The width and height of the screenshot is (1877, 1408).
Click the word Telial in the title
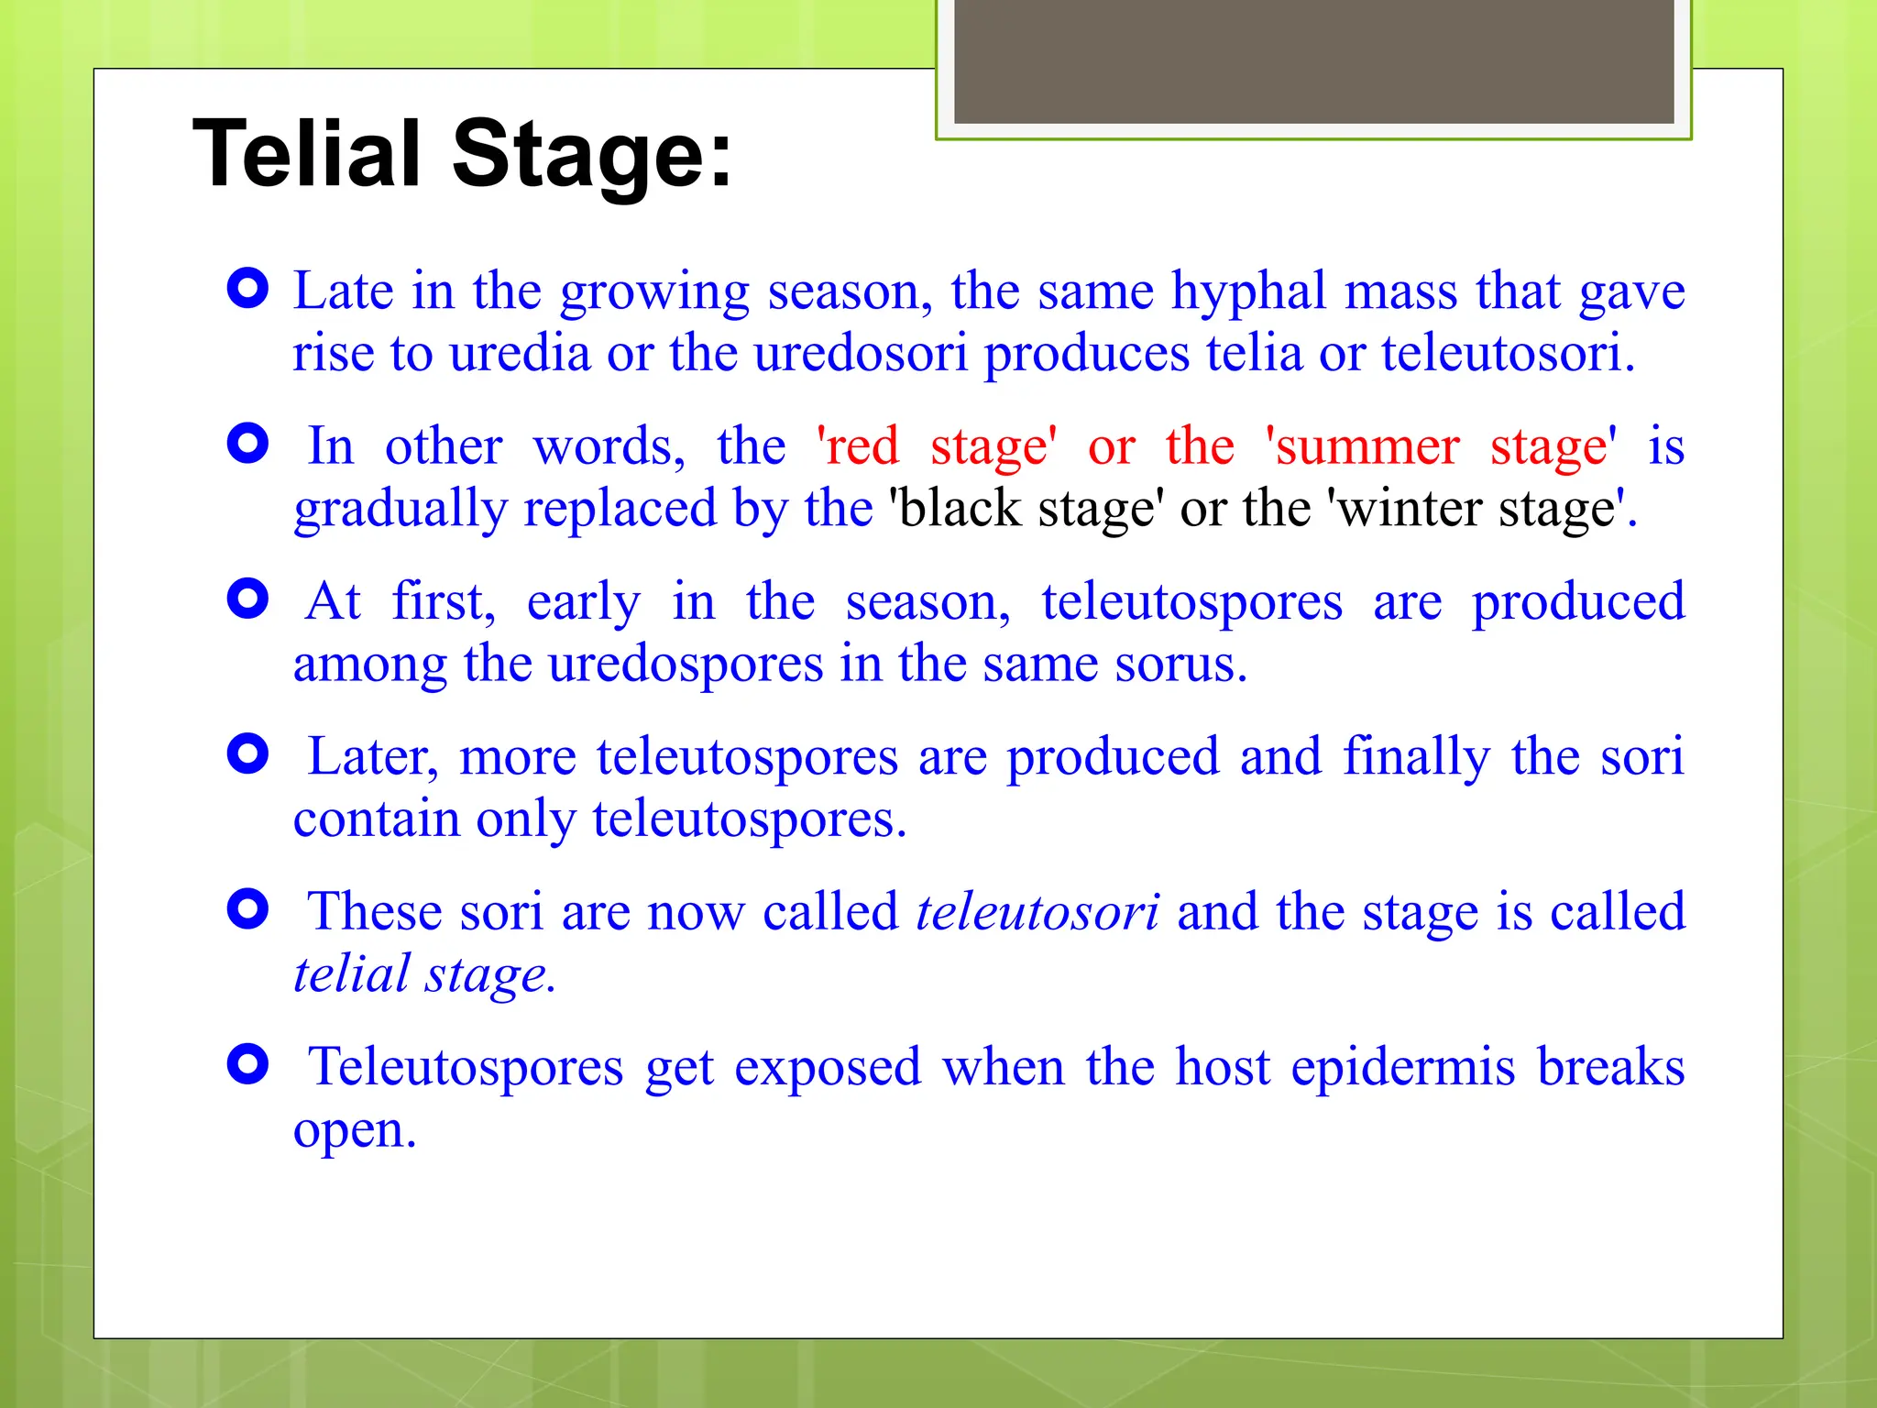pyautogui.click(x=306, y=154)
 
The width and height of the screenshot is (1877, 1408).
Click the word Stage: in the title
pyautogui.click(x=592, y=154)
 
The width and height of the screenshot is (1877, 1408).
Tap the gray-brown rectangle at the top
pyautogui.click(x=1313, y=60)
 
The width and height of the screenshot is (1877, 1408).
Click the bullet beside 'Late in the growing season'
pyautogui.click(x=247, y=290)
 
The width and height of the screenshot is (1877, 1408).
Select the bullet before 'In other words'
pyautogui.click(x=247, y=445)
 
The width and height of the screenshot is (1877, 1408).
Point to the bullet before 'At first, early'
pyautogui.click(x=247, y=599)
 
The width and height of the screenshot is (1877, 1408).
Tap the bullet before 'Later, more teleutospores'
pyautogui.click(x=247, y=754)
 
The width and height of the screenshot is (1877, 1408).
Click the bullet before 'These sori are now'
pyautogui.click(x=247, y=909)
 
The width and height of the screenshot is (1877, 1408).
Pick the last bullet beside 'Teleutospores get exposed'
pyautogui.click(x=247, y=1064)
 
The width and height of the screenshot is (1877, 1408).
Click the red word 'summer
pyautogui.click(x=1362, y=447)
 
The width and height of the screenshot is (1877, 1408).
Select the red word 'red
pyautogui.click(x=858, y=447)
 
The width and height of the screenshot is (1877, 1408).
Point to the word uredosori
pyautogui.click(x=861, y=354)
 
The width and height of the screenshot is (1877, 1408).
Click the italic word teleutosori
pyautogui.click(x=1037, y=913)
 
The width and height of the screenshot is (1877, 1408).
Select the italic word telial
pyautogui.click(x=351, y=974)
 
